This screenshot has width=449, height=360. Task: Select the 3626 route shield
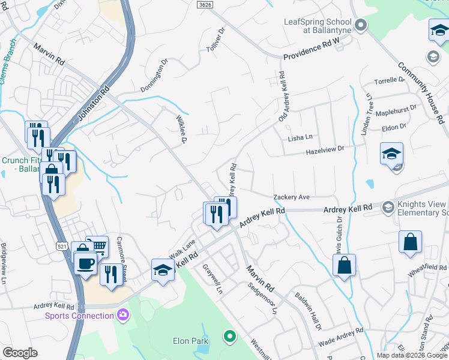tap(205, 4)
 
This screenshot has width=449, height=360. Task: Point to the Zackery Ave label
tap(291, 197)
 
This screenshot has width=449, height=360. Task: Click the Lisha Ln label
tap(301, 137)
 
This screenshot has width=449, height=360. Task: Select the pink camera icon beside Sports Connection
tap(123, 314)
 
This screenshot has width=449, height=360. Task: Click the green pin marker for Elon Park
tap(228, 337)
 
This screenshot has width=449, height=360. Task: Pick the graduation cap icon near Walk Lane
tap(163, 269)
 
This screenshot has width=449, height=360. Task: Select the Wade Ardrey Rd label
tap(341, 335)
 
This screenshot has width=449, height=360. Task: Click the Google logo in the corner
tap(20, 353)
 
